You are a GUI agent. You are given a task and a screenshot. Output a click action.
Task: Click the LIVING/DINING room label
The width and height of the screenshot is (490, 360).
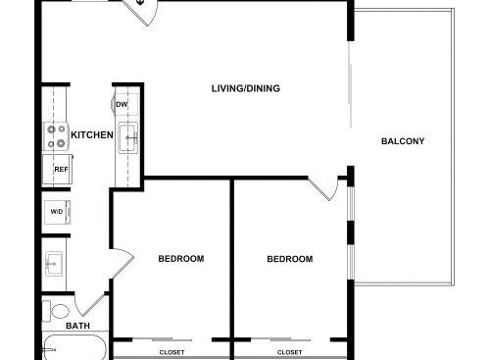pos(246,88)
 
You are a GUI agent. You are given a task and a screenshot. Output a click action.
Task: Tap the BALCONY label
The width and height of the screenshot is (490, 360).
pos(403,141)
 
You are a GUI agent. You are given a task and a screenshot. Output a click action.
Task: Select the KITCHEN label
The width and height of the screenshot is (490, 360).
pos(92,134)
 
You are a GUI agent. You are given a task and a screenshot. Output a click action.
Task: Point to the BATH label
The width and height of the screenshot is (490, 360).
pos(77,326)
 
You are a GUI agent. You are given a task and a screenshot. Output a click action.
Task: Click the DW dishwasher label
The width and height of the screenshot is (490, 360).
pos(122,105)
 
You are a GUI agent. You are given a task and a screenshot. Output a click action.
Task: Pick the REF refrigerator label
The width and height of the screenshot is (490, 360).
pos(61,170)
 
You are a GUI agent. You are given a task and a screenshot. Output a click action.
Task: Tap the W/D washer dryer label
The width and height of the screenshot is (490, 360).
pos(57,212)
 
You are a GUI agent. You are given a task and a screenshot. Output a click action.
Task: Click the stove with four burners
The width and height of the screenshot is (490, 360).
pos(56,136)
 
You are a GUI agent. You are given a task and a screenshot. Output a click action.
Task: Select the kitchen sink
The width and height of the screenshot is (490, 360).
pos(128,137)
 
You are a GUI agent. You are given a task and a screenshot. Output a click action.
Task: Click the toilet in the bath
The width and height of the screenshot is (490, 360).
pos(56,311)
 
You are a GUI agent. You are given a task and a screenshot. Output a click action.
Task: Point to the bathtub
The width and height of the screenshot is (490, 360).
pos(74,347)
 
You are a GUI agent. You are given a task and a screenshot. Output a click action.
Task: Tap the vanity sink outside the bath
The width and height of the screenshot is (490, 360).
pos(54,264)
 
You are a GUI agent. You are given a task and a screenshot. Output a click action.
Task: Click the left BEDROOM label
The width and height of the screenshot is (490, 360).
pos(181,259)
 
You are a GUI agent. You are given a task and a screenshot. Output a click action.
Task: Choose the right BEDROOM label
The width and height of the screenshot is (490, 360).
pos(290,259)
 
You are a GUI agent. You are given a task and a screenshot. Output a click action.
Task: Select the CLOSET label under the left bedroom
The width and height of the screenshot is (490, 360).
pos(171,352)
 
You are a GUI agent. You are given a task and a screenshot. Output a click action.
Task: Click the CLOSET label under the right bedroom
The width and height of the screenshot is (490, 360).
pos(289,352)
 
